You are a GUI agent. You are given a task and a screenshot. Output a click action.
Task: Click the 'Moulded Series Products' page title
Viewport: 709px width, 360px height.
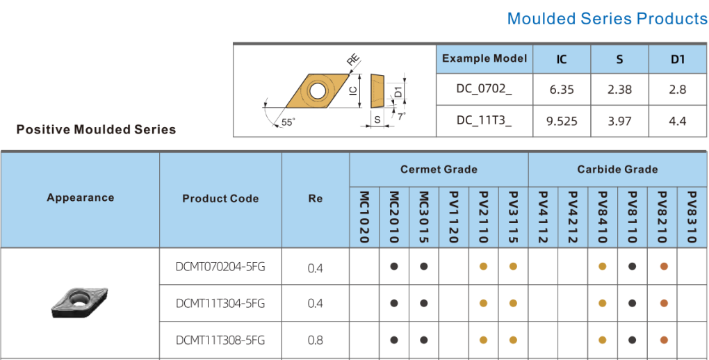pyautogui.click(x=607, y=19)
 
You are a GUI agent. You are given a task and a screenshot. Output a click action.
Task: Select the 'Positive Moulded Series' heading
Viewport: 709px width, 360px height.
pyautogui.click(x=96, y=129)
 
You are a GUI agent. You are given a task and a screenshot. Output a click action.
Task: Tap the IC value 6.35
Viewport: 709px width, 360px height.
pyautogui.click(x=561, y=90)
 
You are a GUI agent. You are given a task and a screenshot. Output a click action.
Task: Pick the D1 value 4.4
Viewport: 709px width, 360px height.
pyautogui.click(x=677, y=121)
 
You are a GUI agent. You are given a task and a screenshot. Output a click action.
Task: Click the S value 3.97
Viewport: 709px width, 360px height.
pyautogui.click(x=619, y=121)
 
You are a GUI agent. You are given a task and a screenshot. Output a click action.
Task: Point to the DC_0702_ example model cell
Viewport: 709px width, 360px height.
pyautogui.click(x=484, y=90)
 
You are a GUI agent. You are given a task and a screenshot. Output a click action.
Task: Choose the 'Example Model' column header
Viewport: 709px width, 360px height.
pyautogui.click(x=484, y=59)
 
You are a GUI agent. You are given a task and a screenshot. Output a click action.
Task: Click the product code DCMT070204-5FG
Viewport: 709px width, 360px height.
pyautogui.click(x=220, y=267)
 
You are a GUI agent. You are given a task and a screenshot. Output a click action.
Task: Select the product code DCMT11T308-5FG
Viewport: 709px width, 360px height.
pyautogui.click(x=220, y=340)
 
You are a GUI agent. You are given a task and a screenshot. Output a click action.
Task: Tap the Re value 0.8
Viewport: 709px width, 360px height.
pyautogui.click(x=315, y=340)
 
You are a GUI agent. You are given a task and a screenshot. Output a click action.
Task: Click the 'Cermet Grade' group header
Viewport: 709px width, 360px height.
pyautogui.click(x=439, y=170)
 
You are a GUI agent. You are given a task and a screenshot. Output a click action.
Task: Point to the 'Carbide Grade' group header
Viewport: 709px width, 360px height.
pyautogui.click(x=617, y=170)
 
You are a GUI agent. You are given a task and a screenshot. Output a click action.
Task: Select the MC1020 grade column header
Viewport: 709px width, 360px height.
pyautogui.click(x=364, y=217)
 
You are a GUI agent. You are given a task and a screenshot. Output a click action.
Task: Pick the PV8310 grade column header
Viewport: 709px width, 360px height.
pyautogui.click(x=692, y=217)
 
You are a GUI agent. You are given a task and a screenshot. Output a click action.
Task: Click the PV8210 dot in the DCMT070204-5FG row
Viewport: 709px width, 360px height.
pyautogui.click(x=663, y=266)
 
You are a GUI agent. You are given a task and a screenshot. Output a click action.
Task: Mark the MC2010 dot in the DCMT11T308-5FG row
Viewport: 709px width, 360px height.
pyautogui.click(x=394, y=340)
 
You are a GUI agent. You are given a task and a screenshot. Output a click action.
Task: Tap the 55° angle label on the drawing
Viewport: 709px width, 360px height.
pyautogui.click(x=288, y=122)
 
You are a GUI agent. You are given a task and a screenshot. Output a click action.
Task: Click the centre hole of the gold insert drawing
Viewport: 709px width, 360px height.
pyautogui.click(x=317, y=90)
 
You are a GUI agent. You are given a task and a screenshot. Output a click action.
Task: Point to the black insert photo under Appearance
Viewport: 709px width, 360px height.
pyautogui.click(x=79, y=302)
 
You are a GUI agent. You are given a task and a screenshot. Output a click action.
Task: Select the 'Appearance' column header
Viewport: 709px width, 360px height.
pyautogui.click(x=80, y=198)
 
